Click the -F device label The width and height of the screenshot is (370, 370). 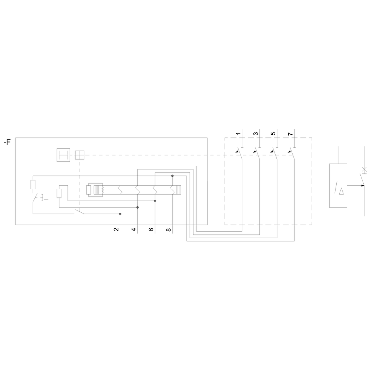pyautogui.click(x=7, y=142)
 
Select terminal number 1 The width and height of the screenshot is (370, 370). pyautogui.click(x=238, y=134)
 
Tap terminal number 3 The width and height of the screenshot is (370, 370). pyautogui.click(x=256, y=134)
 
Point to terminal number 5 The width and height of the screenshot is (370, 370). pyautogui.click(x=273, y=134)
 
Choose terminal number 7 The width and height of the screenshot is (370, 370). pyautogui.click(x=290, y=134)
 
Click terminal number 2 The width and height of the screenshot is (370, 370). pyautogui.click(x=116, y=229)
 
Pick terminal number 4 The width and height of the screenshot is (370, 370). pyautogui.click(x=134, y=229)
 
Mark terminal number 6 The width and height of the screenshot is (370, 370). pyautogui.click(x=151, y=229)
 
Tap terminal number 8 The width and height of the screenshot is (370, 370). pyautogui.click(x=168, y=229)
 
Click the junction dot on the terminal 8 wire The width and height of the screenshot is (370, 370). pyautogui.click(x=172, y=176)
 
